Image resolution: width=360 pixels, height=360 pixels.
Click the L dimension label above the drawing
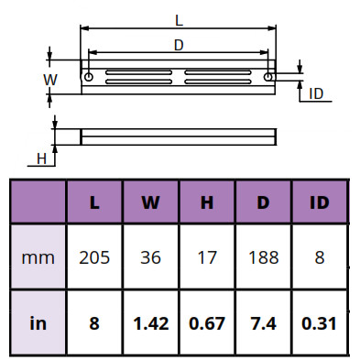point(179,20)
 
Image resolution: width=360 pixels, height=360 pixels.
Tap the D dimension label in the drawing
point(179,46)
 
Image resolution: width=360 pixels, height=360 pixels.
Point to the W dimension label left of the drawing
point(50,80)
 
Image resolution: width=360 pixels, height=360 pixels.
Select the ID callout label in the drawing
point(316,93)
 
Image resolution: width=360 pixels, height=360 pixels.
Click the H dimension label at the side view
point(41,158)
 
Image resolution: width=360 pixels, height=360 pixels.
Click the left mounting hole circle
point(89,77)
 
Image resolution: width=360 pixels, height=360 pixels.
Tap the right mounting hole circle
point(268,77)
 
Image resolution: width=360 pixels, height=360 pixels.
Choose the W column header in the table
point(150,202)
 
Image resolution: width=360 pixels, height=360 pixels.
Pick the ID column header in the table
point(320,202)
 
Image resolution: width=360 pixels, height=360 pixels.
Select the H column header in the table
point(207,202)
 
